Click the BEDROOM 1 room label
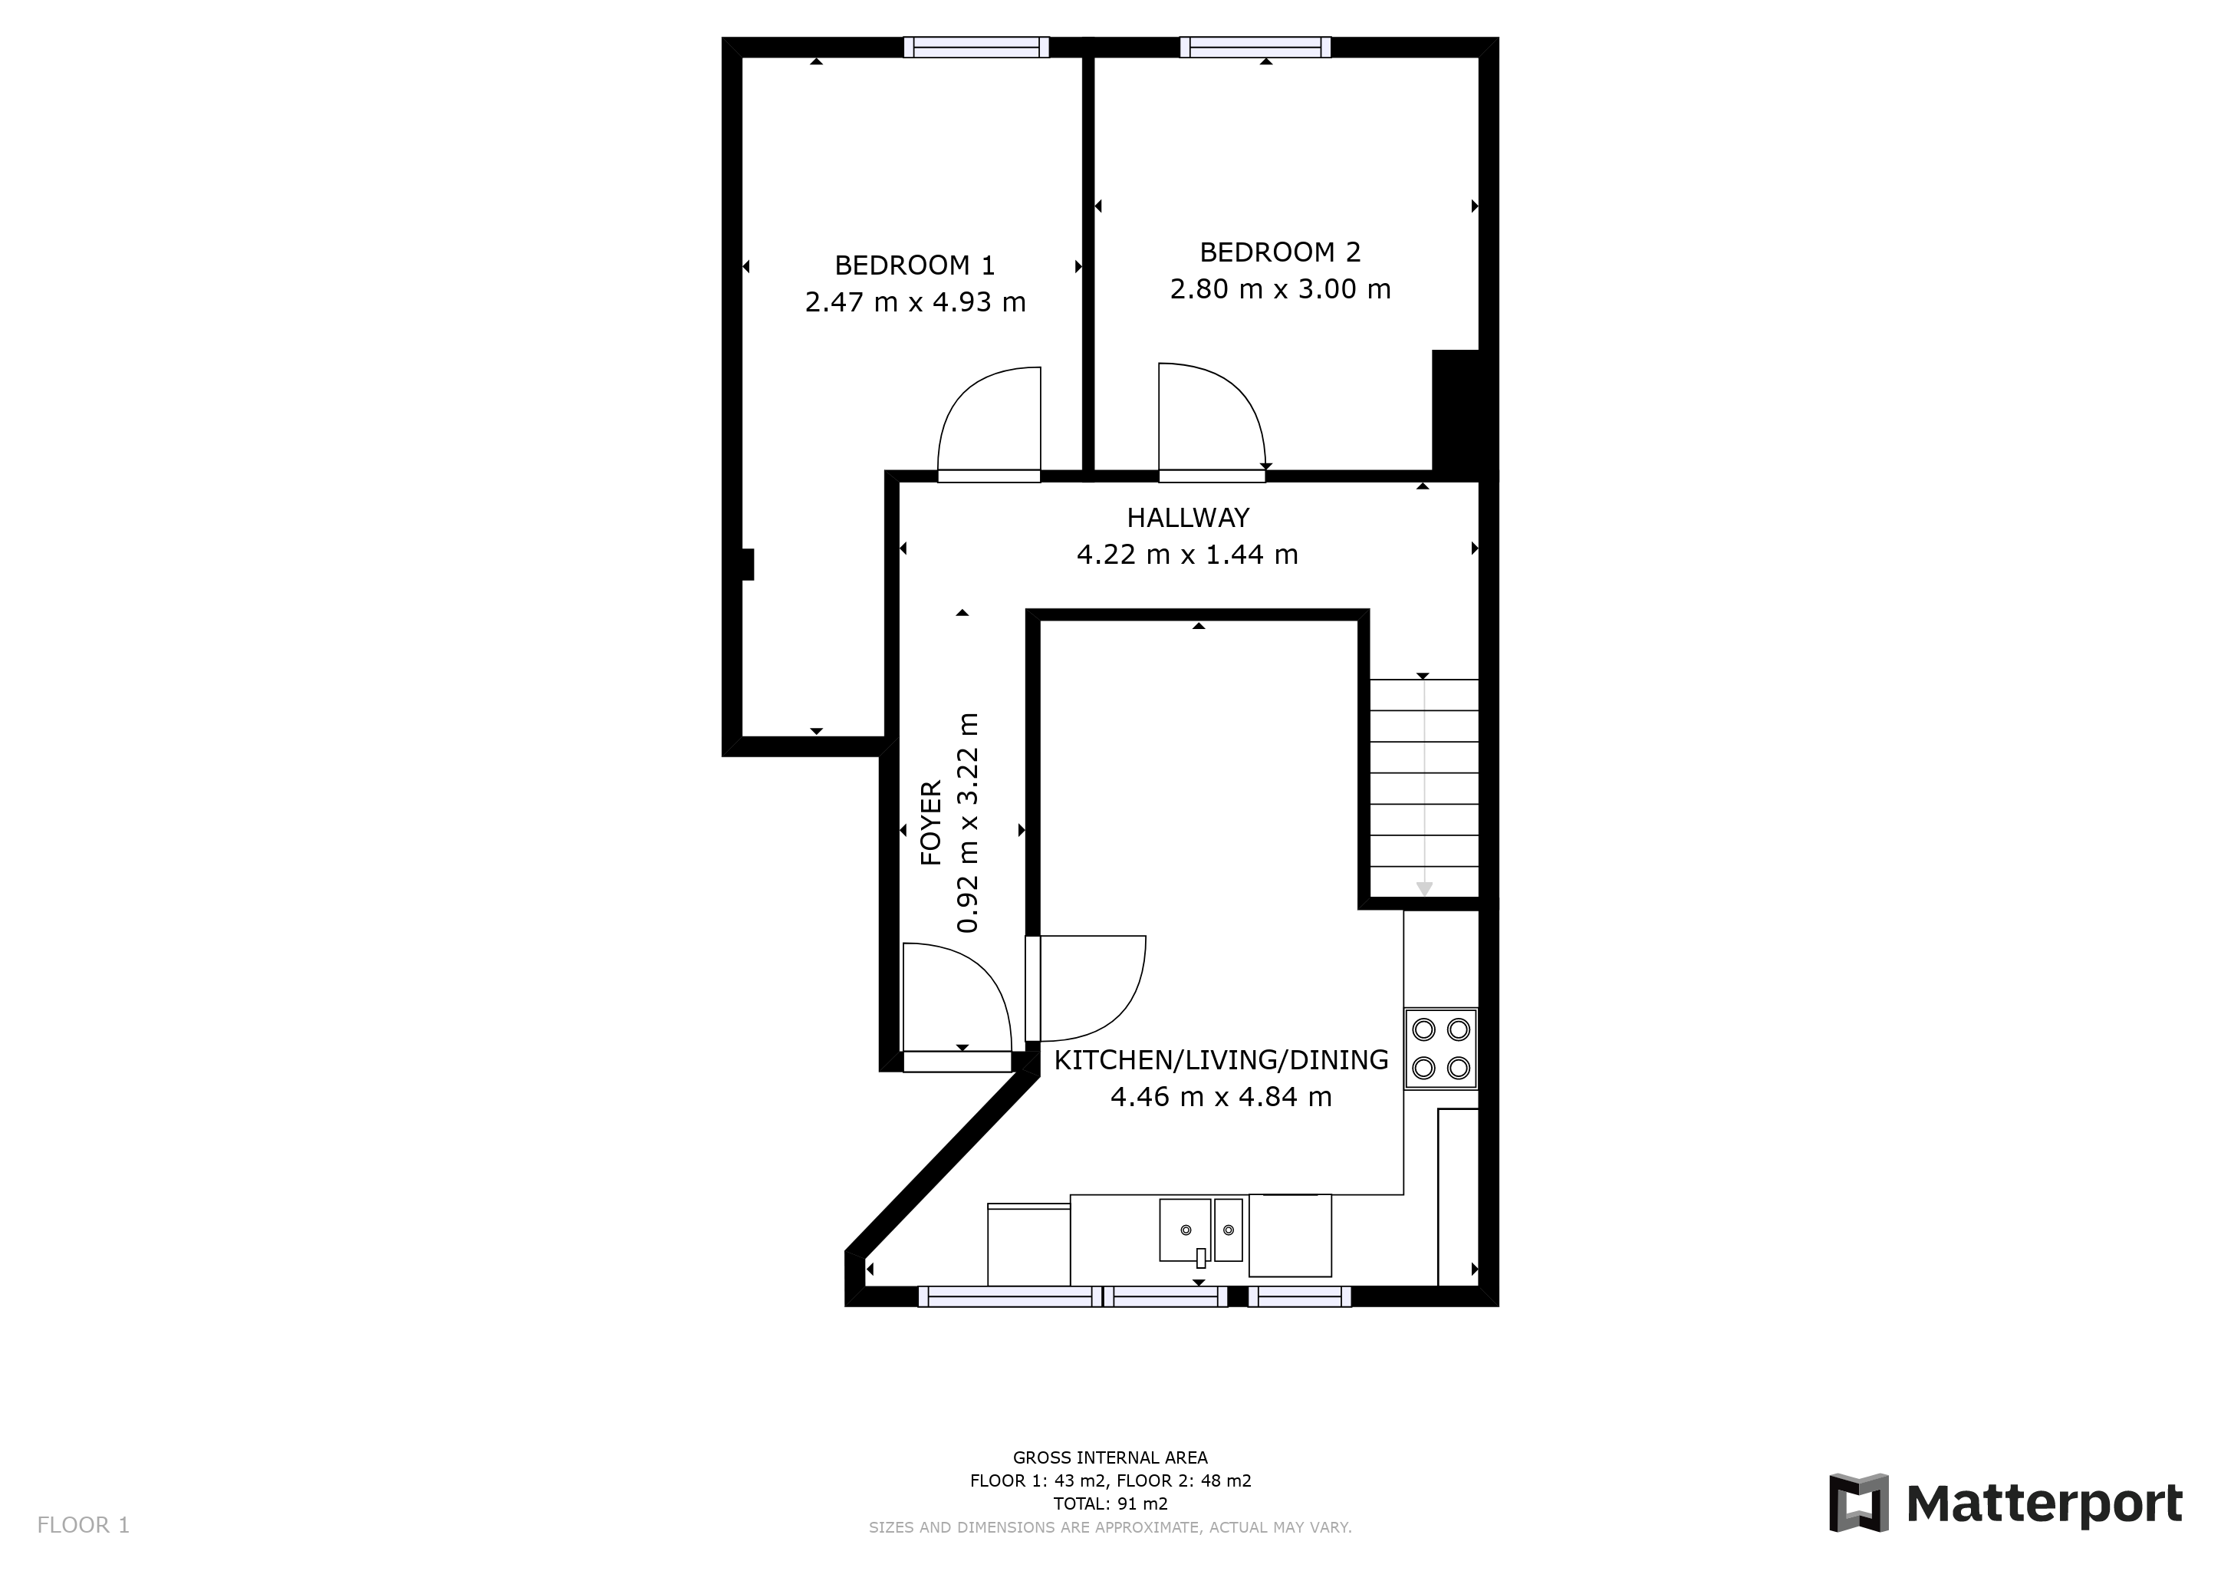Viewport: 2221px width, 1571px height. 914,265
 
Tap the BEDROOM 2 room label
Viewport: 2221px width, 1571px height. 1280,252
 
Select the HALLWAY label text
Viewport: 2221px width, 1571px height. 1188,518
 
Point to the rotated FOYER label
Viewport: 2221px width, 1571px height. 930,823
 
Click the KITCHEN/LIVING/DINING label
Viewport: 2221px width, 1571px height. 1221,1060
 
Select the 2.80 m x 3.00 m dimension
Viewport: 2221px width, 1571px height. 1280,289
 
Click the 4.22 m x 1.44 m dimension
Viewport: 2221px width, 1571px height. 1188,555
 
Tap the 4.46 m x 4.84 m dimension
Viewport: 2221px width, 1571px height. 1221,1097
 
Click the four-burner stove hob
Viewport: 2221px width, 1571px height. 1441,1049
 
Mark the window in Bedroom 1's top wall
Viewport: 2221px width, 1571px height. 976,48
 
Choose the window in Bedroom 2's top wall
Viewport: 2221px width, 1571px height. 1255,48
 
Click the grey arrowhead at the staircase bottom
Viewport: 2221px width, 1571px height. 1424,889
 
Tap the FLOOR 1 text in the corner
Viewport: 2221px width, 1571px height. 83,1524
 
